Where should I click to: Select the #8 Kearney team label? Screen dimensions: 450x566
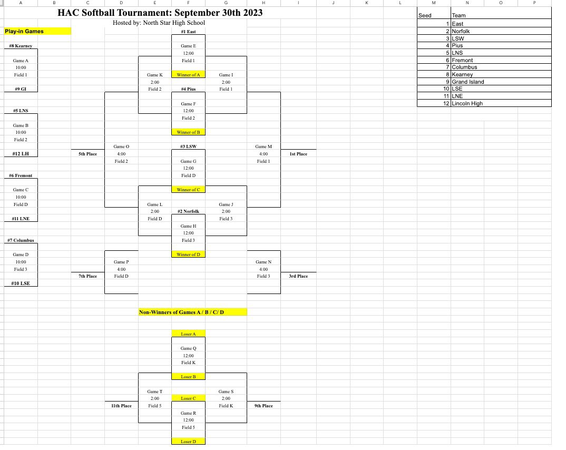(x=21, y=46)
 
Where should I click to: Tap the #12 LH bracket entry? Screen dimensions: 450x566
(x=21, y=154)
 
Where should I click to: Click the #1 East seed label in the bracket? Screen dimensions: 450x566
(x=188, y=32)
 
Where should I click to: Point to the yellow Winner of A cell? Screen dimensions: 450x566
(x=188, y=75)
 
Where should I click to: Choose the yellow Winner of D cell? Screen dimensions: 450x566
(x=188, y=255)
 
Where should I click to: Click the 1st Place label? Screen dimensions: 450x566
(x=298, y=154)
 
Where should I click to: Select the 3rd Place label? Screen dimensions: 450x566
(x=298, y=276)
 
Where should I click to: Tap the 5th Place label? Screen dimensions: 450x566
(x=87, y=154)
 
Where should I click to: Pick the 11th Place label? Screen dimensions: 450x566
(x=121, y=406)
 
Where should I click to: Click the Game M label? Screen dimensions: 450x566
(x=263, y=146)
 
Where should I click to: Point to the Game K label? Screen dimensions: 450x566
(x=155, y=75)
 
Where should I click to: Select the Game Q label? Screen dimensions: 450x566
(x=188, y=348)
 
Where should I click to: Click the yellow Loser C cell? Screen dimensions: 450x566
(x=188, y=398)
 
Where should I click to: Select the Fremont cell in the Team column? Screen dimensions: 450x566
(x=462, y=60)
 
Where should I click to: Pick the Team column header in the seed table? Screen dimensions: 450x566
(x=458, y=16)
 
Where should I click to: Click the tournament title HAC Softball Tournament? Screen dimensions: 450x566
(x=160, y=13)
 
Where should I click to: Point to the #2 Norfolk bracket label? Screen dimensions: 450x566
(x=188, y=211)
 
